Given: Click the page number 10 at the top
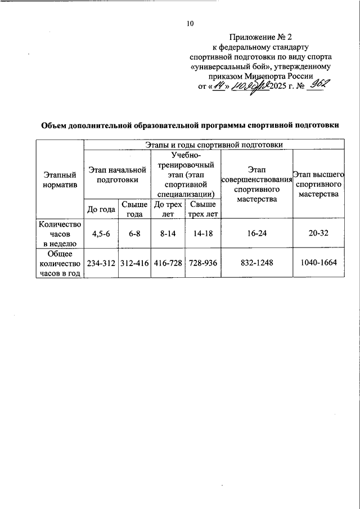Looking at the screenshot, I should (x=190, y=24).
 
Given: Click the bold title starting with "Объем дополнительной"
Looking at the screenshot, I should (x=190, y=125).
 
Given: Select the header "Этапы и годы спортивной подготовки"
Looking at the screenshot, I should (x=214, y=145).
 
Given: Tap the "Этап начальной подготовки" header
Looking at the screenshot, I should (x=117, y=175).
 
